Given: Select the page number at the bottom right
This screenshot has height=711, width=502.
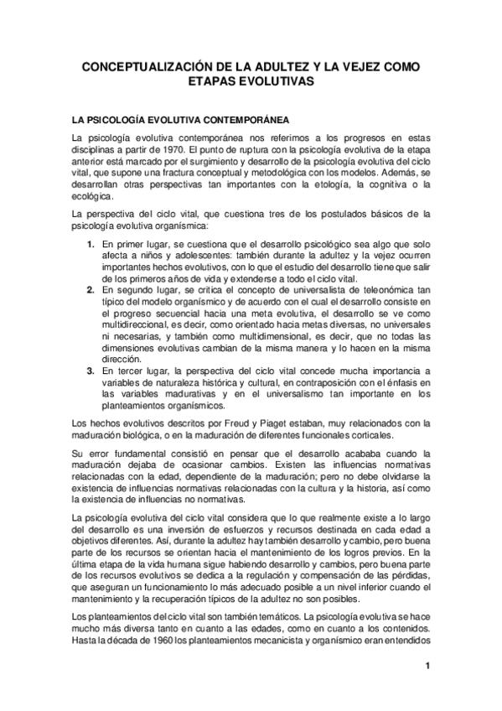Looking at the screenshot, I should point(427,667).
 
